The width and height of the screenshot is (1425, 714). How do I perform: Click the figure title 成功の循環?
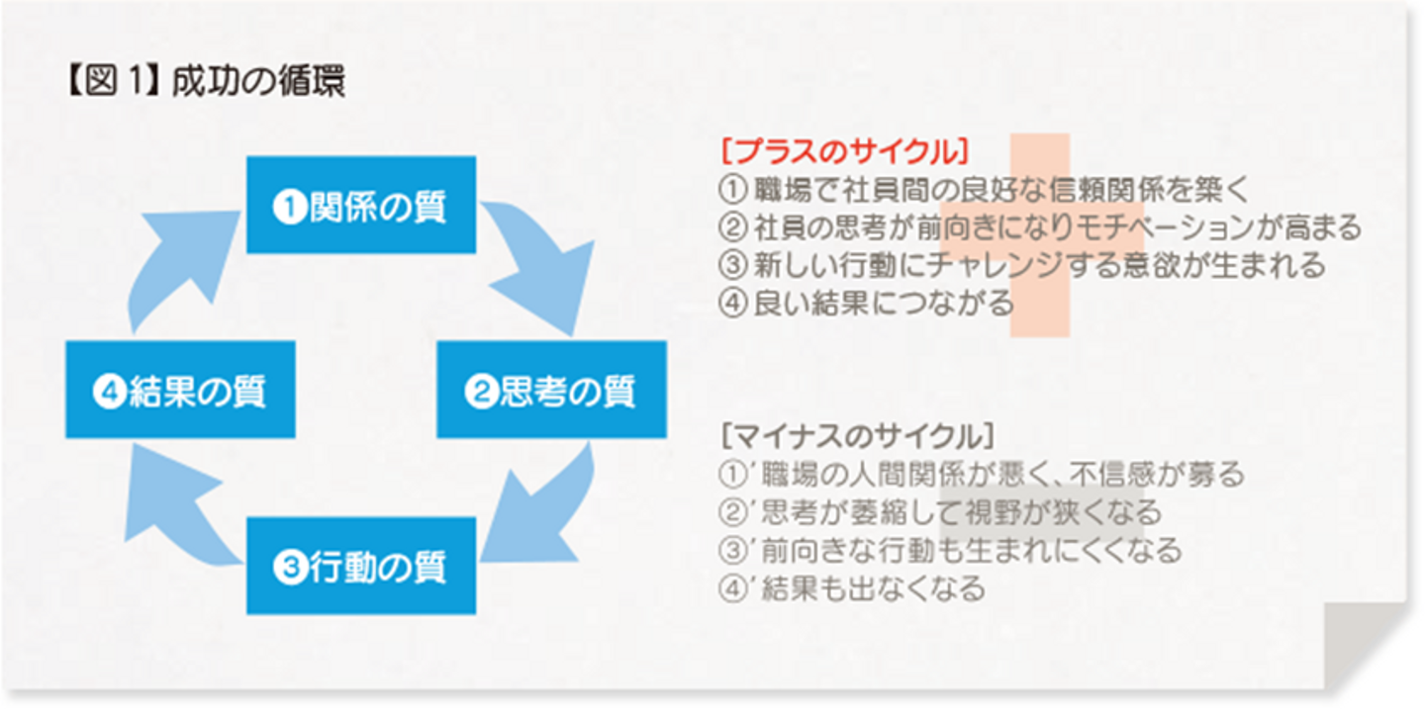(258, 83)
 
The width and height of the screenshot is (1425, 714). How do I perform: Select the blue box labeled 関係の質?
(361, 206)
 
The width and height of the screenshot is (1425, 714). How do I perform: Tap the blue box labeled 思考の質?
(551, 391)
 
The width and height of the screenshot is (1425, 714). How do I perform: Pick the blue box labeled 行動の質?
(361, 567)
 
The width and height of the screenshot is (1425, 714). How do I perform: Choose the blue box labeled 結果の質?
(180, 391)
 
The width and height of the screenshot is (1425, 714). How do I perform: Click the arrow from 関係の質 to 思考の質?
(539, 262)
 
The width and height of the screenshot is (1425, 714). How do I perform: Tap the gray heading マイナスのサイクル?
(857, 435)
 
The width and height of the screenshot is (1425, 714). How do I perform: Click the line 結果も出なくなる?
(852, 590)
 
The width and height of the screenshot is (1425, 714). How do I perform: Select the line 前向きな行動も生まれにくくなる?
(950, 551)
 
